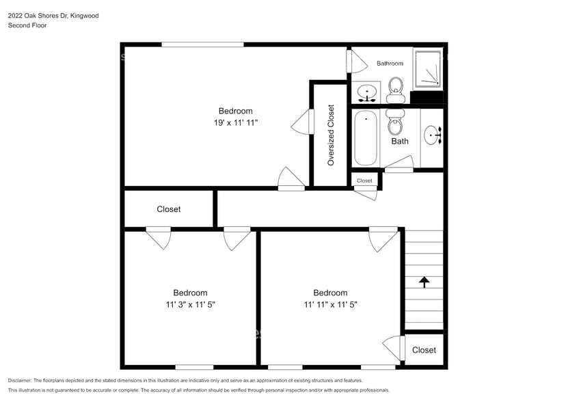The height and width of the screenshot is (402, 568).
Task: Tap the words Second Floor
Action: click(27, 25)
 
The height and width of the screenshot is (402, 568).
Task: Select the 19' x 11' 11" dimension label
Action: click(235, 122)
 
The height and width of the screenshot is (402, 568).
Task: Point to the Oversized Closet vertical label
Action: click(331, 135)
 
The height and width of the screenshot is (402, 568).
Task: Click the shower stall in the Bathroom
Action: click(428, 68)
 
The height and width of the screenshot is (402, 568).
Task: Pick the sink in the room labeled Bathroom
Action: click(368, 92)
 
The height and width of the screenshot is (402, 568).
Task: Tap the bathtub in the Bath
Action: click(366, 138)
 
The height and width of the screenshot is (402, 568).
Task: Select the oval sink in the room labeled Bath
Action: click(433, 135)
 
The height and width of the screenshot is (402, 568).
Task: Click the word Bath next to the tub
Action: click(400, 142)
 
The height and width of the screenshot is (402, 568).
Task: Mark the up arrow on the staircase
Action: click(424, 281)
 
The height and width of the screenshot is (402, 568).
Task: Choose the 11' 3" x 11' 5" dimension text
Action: click(190, 304)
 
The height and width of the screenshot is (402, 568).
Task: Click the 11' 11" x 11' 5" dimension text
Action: click(331, 304)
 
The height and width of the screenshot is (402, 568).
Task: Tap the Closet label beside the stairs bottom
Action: click(424, 350)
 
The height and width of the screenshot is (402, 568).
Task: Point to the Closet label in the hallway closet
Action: click(169, 209)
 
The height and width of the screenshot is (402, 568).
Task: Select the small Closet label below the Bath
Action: click(364, 181)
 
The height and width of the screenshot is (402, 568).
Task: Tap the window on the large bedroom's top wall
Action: click(202, 44)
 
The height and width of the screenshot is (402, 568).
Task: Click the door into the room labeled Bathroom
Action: click(356, 62)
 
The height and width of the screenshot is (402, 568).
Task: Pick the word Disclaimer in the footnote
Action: click(20, 380)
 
